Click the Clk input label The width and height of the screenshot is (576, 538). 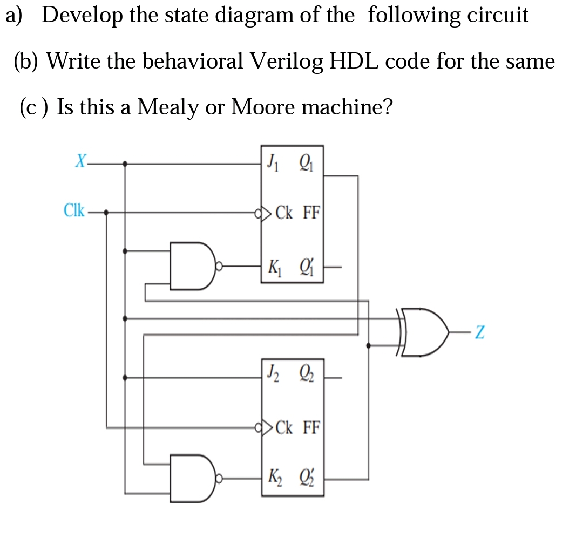[73, 210]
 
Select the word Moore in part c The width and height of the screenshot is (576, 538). [262, 107]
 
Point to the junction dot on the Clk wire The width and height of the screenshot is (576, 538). [106, 213]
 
